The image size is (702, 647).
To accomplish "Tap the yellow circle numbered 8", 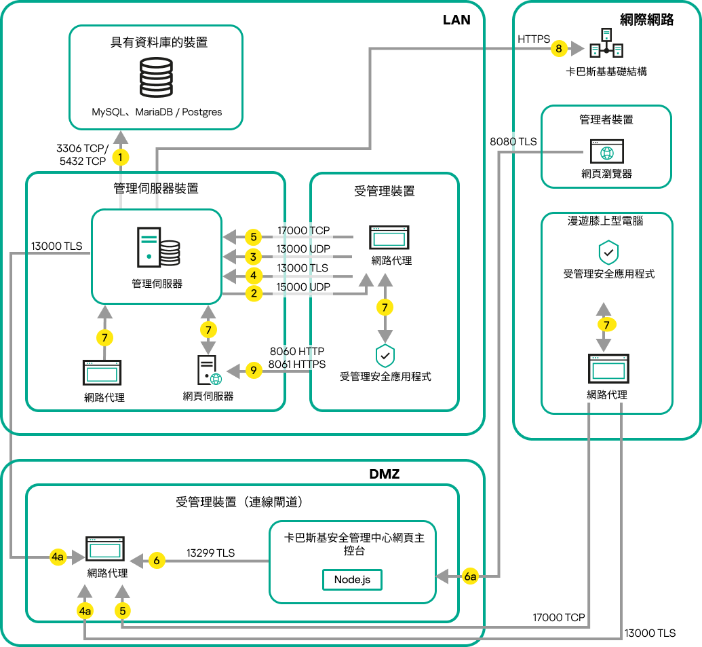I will pos(558,48).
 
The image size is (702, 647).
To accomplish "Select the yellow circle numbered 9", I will pos(253,371).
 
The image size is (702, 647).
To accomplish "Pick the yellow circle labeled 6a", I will pos(471,576).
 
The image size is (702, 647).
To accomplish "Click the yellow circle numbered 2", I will pos(253,294).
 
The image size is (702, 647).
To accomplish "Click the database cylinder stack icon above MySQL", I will pos(157,77).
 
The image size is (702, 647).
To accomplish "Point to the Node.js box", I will pos(352,580).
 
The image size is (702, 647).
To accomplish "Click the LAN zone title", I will pos(456,20).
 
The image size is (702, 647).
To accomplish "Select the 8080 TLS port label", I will pos(513,142).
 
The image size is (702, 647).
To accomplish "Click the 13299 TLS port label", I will pos(210,553).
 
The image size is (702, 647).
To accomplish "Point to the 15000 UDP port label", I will pos(303,287).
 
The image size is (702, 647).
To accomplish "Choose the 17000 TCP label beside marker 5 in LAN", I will pos(303,231).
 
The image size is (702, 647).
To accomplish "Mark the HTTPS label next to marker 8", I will pos(534,40).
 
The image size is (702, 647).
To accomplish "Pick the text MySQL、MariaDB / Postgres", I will pos(157,111).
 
